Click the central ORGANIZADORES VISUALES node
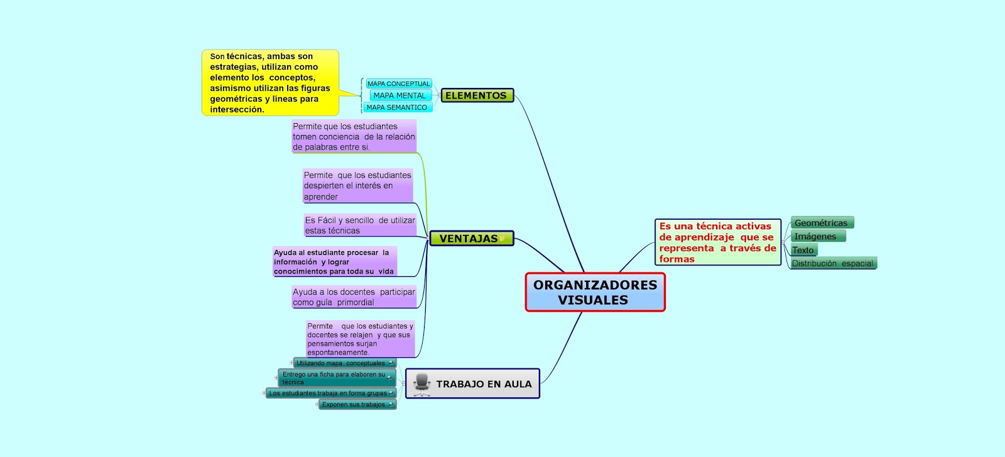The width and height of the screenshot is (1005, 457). pyautogui.click(x=595, y=293)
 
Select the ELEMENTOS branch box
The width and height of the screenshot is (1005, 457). pyautogui.click(x=477, y=95)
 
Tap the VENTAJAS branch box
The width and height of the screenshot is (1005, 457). pyautogui.click(x=471, y=239)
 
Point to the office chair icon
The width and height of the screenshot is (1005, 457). pyautogui.click(x=422, y=384)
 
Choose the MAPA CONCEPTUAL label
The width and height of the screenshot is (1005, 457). pyautogui.click(x=399, y=83)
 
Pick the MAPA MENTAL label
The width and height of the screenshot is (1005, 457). pyautogui.click(x=399, y=95)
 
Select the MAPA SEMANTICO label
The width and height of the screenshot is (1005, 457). pyautogui.click(x=397, y=107)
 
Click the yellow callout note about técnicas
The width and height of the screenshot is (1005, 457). pyautogui.click(x=270, y=83)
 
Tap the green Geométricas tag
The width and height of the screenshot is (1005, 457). pyautogui.click(x=821, y=223)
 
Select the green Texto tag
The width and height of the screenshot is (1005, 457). pyautogui.click(x=803, y=250)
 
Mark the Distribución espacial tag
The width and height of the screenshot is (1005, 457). pyautogui.click(x=832, y=264)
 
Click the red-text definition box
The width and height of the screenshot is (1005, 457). pyautogui.click(x=717, y=242)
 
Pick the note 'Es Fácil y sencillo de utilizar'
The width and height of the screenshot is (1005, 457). pyautogui.click(x=360, y=225)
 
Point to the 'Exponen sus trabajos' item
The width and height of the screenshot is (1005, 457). pyautogui.click(x=356, y=404)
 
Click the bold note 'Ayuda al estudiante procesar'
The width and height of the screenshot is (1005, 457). pyautogui.click(x=334, y=262)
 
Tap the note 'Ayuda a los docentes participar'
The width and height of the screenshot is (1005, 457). pyautogui.click(x=354, y=297)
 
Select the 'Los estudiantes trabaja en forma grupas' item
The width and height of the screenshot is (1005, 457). pyautogui.click(x=330, y=393)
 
